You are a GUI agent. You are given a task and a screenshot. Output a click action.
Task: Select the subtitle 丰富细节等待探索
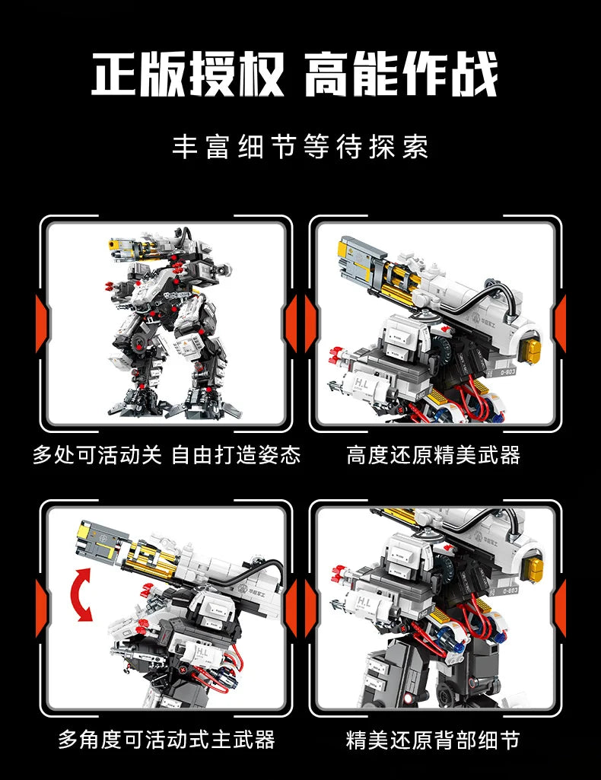pyautogui.click(x=300, y=147)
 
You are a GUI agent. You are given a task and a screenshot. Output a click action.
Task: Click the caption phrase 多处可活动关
pyautogui.click(x=97, y=455)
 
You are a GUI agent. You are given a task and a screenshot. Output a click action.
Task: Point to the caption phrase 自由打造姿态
pyautogui.click(x=236, y=455)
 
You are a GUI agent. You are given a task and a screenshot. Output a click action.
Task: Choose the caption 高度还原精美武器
pyautogui.click(x=434, y=455)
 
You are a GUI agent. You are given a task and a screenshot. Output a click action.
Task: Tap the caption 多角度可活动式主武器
pyautogui.click(x=167, y=738)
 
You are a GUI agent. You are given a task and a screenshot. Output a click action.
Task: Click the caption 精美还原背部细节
pyautogui.click(x=434, y=738)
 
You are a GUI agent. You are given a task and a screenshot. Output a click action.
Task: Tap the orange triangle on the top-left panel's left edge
pyautogui.click(x=42, y=324)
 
